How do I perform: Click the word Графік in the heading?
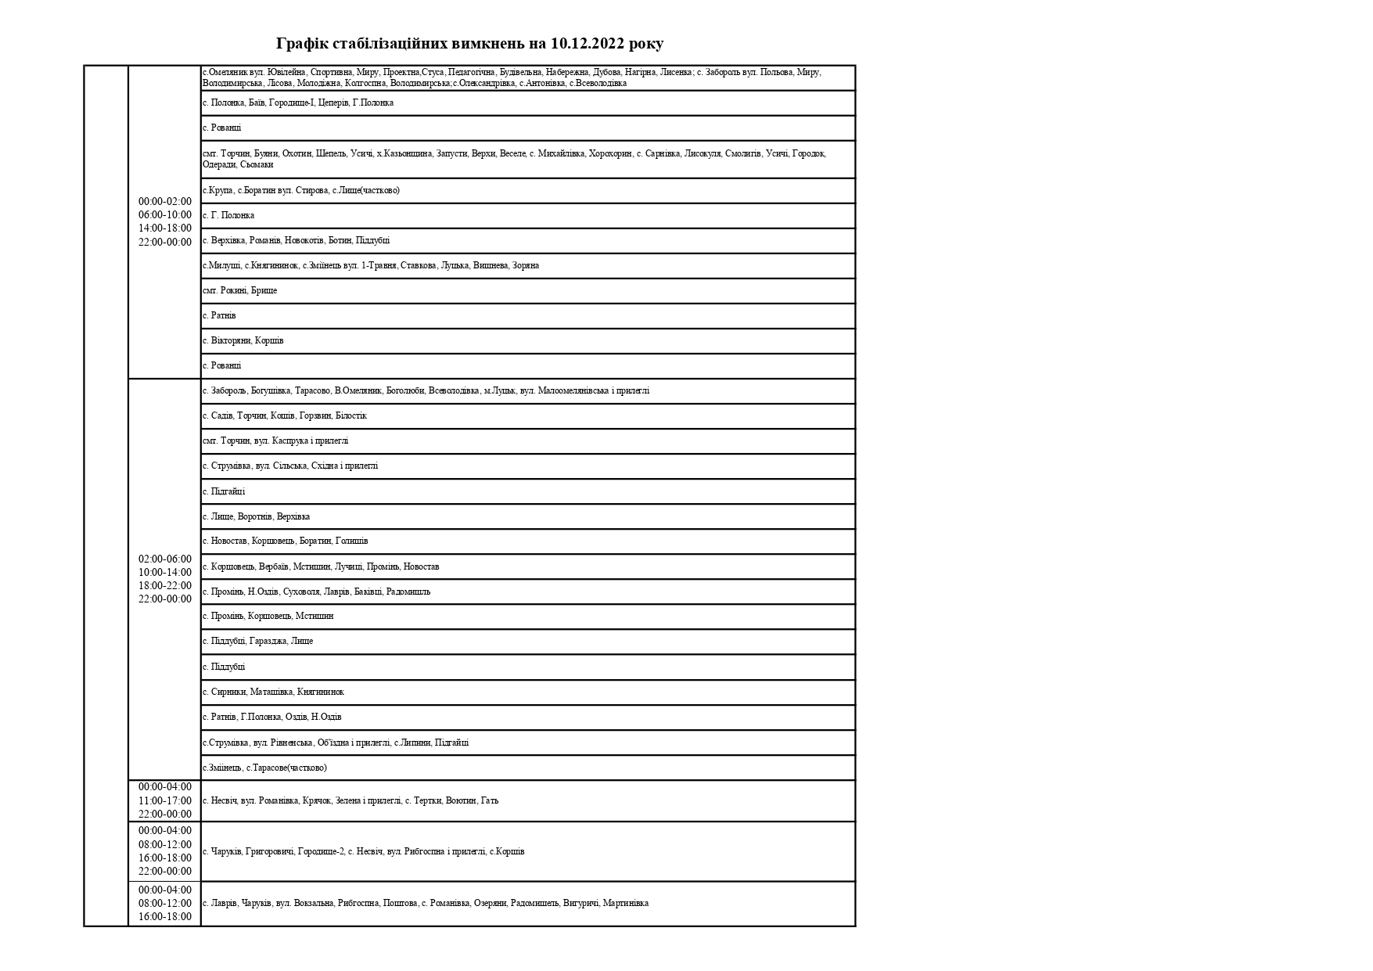click(303, 44)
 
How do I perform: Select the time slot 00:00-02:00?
click(165, 201)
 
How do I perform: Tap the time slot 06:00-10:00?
click(165, 214)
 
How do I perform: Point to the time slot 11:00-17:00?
click(165, 800)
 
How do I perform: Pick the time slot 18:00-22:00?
click(165, 585)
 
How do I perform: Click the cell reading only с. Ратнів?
click(219, 315)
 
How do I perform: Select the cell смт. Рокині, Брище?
click(239, 290)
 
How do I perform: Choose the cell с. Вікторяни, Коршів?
click(243, 340)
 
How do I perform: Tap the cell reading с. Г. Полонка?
click(228, 215)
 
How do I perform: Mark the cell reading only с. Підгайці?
click(224, 491)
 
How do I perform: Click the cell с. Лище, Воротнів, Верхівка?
click(256, 516)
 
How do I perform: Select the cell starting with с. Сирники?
click(273, 692)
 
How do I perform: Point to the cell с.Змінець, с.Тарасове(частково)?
click(264, 768)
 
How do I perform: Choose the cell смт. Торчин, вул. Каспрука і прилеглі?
click(275, 441)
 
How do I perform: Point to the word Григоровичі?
click(270, 851)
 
